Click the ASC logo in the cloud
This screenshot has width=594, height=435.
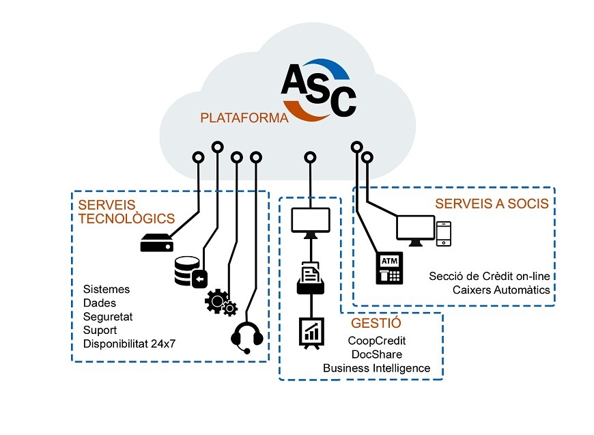(x=319, y=90)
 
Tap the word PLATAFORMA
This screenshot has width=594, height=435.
(x=244, y=118)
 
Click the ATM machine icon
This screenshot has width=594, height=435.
(x=389, y=268)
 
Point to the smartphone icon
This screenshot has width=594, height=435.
(x=444, y=234)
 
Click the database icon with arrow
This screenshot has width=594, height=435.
(x=191, y=272)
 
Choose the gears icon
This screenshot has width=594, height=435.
(x=221, y=303)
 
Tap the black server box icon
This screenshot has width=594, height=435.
(x=157, y=243)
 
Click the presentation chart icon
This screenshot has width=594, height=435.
(x=311, y=333)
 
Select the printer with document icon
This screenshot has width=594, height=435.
(x=311, y=278)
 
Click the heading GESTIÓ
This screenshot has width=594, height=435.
(x=376, y=323)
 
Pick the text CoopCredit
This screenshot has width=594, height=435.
(x=377, y=341)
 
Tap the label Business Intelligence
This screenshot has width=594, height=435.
(x=377, y=368)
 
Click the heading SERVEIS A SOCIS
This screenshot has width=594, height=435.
(x=492, y=204)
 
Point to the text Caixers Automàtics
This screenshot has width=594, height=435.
(x=501, y=290)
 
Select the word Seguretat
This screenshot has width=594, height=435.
(x=108, y=317)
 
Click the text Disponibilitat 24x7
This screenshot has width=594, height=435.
(x=129, y=343)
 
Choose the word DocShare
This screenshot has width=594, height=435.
(x=377, y=354)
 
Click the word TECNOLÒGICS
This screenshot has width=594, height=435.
(x=126, y=219)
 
